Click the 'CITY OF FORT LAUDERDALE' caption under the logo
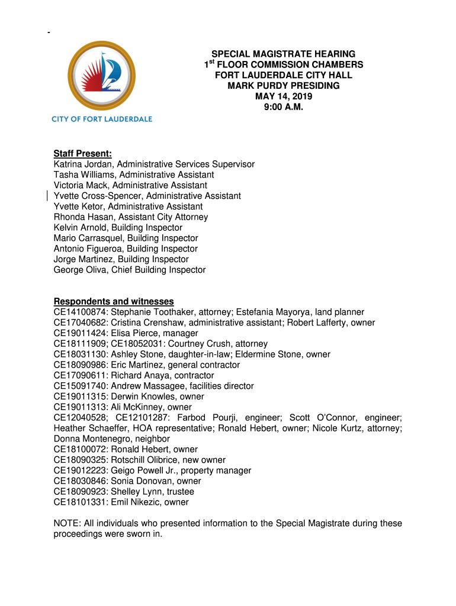click(x=102, y=119)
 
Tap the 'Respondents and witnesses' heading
click(x=114, y=301)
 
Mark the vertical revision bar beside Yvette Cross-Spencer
click(x=47, y=196)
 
